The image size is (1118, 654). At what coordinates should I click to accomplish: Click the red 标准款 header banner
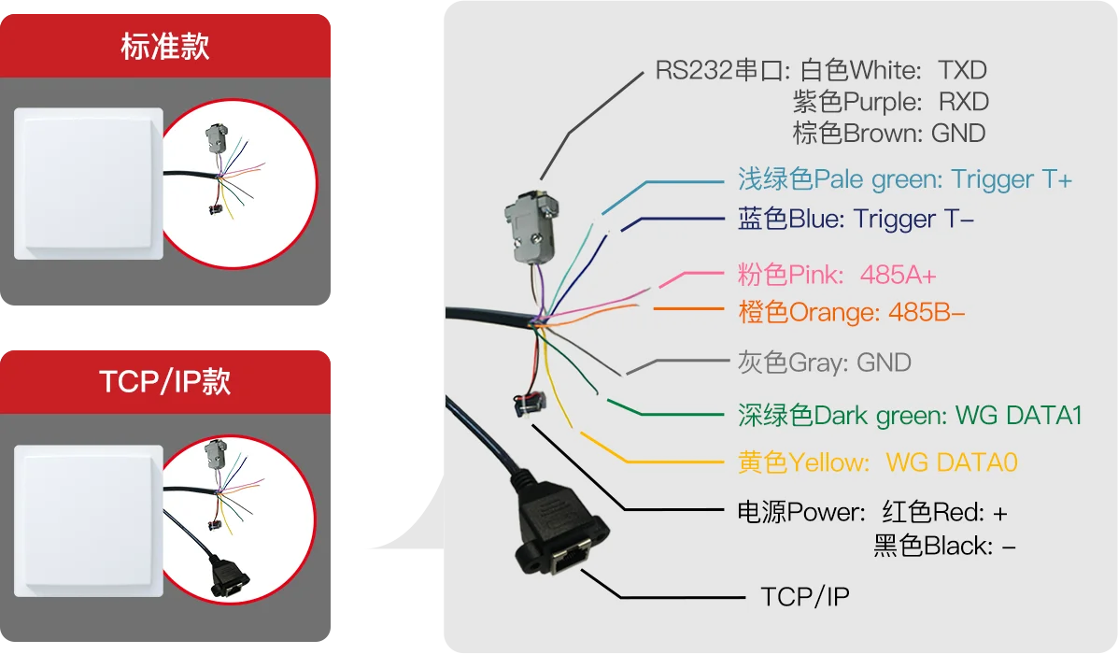click(165, 47)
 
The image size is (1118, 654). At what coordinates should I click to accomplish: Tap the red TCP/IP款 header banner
click(165, 381)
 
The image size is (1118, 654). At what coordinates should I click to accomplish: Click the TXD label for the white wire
click(962, 71)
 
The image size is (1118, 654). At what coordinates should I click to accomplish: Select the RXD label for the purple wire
click(963, 102)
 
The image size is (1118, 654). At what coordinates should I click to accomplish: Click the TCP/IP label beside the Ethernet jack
click(805, 597)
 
